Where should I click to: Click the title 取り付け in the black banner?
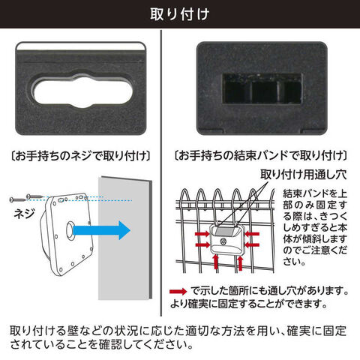(180, 14)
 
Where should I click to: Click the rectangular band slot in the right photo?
(262, 88)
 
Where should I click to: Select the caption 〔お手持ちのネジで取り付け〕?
(81, 156)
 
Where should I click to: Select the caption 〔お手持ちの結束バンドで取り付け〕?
(260, 156)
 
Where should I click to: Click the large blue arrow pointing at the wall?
(102, 230)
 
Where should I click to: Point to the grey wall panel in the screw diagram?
(125, 238)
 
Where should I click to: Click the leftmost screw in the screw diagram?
(17, 199)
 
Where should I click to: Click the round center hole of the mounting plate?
(70, 230)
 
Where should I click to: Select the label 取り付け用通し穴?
(304, 174)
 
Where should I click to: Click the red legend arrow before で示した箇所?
(178, 291)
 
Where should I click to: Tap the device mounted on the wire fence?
(226, 239)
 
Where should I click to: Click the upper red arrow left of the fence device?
(202, 234)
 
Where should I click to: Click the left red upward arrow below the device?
(216, 262)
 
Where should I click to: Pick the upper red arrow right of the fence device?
(251, 234)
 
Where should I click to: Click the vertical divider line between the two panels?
(161, 173)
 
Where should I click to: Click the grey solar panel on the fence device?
(226, 231)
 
